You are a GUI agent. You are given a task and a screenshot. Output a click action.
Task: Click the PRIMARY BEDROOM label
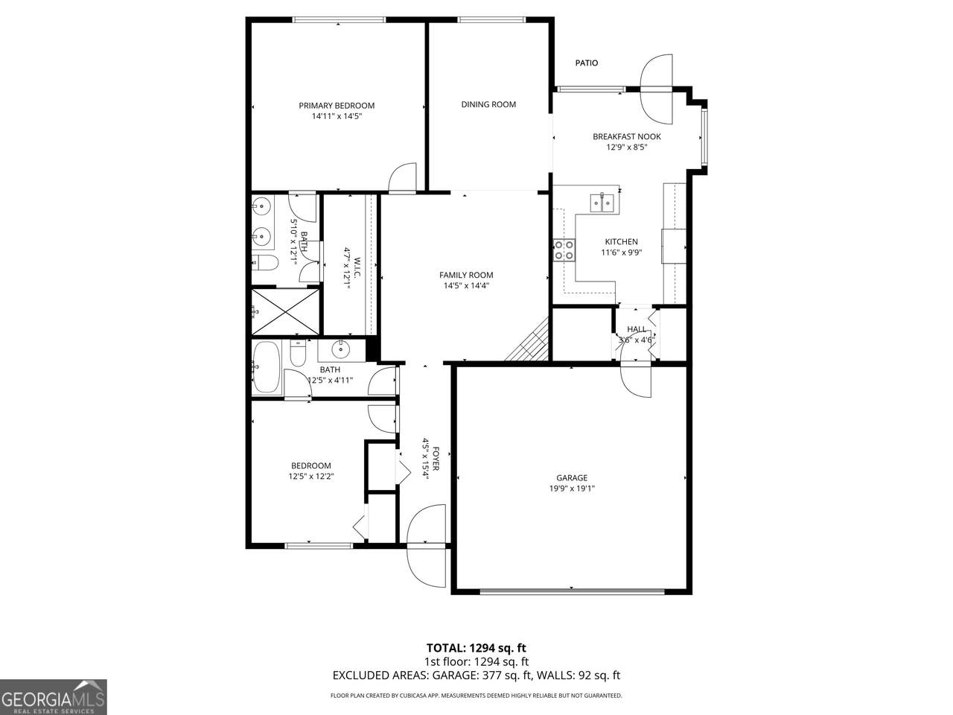pyautogui.click(x=337, y=106)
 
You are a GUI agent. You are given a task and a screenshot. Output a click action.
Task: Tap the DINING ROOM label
pyautogui.click(x=488, y=104)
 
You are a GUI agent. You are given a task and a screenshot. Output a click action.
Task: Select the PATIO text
pyautogui.click(x=587, y=63)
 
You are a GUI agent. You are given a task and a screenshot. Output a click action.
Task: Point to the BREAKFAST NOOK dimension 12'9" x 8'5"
pyautogui.click(x=626, y=147)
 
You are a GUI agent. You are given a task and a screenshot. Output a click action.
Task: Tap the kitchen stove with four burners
pyautogui.click(x=564, y=250)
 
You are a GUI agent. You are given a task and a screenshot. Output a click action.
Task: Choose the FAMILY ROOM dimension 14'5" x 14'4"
pyautogui.click(x=466, y=286)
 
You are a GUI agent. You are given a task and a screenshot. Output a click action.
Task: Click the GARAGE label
pyautogui.click(x=572, y=477)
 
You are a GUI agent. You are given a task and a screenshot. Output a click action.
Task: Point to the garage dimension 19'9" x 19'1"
pyautogui.click(x=572, y=489)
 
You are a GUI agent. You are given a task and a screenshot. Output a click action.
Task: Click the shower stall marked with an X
pyautogui.click(x=285, y=312)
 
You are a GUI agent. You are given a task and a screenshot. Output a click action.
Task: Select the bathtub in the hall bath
pyautogui.click(x=266, y=367)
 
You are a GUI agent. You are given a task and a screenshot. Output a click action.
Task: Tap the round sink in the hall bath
pyautogui.click(x=340, y=349)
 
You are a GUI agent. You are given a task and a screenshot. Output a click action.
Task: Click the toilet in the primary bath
pyautogui.click(x=265, y=262)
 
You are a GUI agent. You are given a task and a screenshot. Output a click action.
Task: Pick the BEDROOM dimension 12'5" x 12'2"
pyautogui.click(x=311, y=476)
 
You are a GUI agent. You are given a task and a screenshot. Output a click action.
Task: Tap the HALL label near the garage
pyautogui.click(x=637, y=329)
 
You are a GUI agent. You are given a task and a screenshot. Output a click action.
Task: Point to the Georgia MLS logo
pyautogui.click(x=53, y=697)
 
